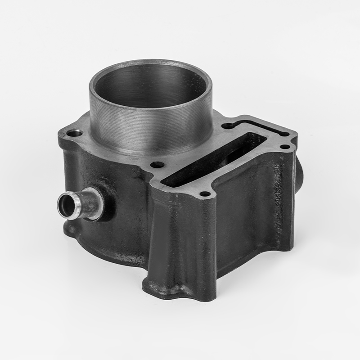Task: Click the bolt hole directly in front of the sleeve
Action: coord(157,165)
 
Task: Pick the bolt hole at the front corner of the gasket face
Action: coord(205,194)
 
